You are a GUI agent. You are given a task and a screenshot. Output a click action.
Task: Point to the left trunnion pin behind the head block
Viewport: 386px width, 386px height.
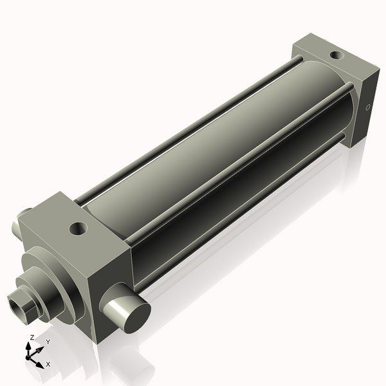(x=24, y=213)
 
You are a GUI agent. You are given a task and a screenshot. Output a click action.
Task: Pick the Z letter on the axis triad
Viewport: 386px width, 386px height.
(x=32, y=337)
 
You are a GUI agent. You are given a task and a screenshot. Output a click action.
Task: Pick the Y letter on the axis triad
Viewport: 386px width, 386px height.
(x=48, y=342)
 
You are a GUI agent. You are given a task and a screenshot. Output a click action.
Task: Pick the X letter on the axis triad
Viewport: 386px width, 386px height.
(x=48, y=364)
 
